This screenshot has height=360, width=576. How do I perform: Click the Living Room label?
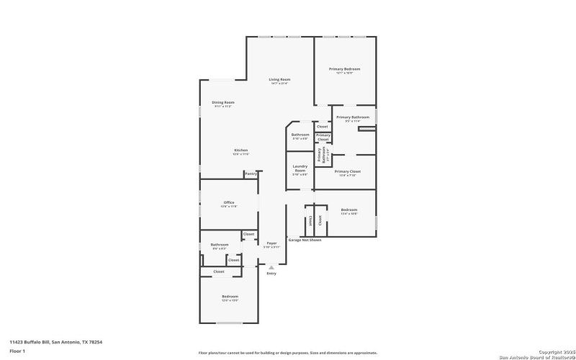pyautogui.click(x=279, y=80)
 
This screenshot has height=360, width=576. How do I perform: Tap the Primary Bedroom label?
pyautogui.click(x=344, y=70)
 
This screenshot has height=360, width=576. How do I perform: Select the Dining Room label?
pyautogui.click(x=223, y=103)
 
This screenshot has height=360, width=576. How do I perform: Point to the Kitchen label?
pyautogui.click(x=220, y=150)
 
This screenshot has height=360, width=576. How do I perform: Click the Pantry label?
pyautogui.click(x=251, y=174)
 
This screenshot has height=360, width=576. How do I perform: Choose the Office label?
pyautogui.click(x=229, y=203)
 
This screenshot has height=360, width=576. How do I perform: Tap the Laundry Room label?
pyautogui.click(x=300, y=170)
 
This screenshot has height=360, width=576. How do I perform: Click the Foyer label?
pyautogui.click(x=271, y=244)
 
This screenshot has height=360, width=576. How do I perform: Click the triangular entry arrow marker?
pyautogui.click(x=271, y=267)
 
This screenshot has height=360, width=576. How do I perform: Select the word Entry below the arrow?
pyautogui.click(x=271, y=274)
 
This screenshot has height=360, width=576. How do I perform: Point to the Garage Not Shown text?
pyautogui.click(x=305, y=240)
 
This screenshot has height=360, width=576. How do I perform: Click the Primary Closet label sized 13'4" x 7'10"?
pyautogui.click(x=347, y=172)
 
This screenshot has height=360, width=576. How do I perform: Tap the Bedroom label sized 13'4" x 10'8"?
pyautogui.click(x=348, y=210)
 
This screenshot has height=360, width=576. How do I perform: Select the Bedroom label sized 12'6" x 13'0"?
pyautogui.click(x=230, y=297)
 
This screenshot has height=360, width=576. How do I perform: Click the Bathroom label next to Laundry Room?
pyautogui.click(x=300, y=135)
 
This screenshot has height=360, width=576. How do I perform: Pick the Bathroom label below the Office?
pyautogui.click(x=219, y=245)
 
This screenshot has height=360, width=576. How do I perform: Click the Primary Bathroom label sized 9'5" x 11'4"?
pyautogui.click(x=353, y=117)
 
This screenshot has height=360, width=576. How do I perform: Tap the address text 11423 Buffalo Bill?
pyautogui.click(x=55, y=342)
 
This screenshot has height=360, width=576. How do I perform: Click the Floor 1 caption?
pyautogui.click(x=17, y=351)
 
